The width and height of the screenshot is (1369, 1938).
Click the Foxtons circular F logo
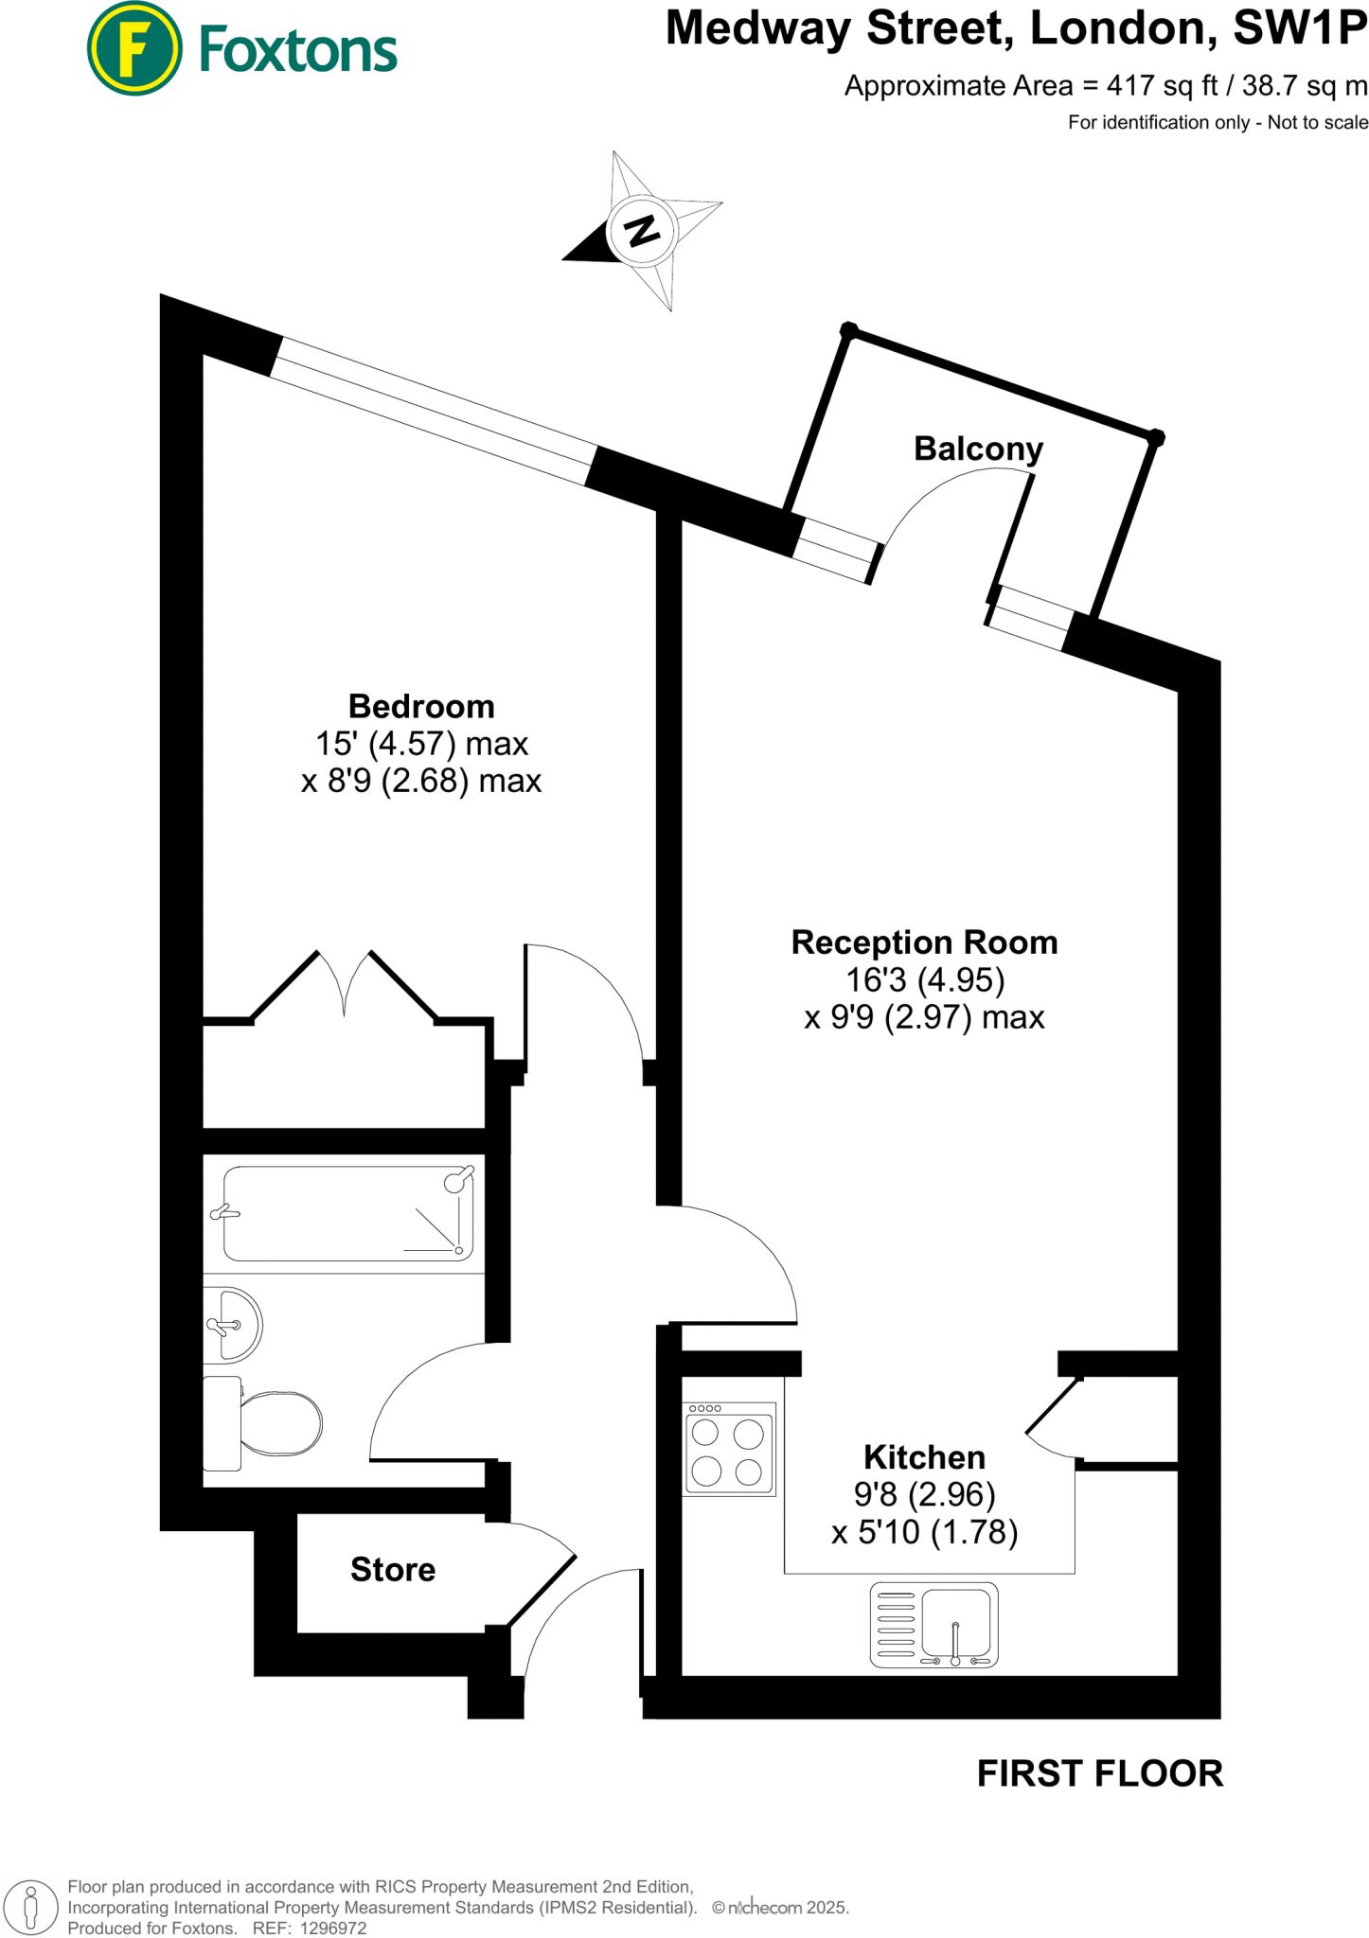(x=134, y=49)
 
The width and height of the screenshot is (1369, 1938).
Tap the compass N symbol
(x=642, y=230)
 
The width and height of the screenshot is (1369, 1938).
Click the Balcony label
(x=978, y=449)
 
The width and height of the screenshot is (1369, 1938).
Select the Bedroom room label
(x=421, y=707)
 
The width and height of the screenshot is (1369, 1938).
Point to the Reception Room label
(x=924, y=943)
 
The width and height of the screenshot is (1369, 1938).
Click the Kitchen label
(x=924, y=1456)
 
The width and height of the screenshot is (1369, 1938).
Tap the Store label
(x=393, y=1569)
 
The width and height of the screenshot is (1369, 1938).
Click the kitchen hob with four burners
(x=729, y=1449)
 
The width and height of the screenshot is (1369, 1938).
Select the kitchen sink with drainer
(x=933, y=1624)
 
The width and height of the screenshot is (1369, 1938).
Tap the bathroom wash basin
(x=232, y=1325)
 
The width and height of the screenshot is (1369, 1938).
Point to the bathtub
(x=347, y=1213)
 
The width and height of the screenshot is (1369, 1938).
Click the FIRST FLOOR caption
(x=1099, y=1773)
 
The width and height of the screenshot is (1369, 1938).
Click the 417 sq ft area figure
(x=1163, y=86)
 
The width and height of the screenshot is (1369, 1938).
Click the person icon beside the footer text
(x=30, y=1908)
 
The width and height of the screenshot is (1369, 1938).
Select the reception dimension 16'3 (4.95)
(x=924, y=980)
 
